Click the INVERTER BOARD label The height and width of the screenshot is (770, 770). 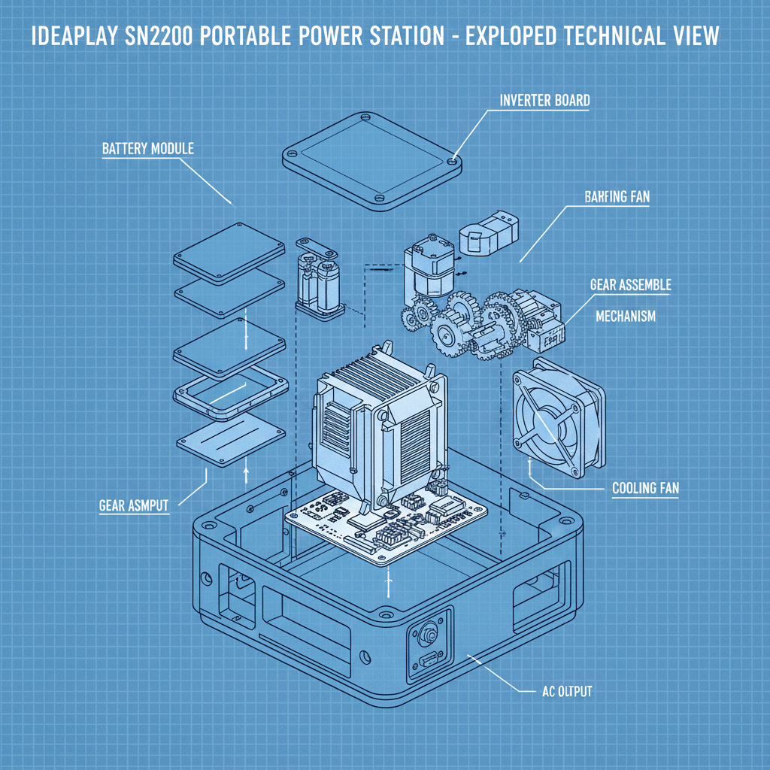(544, 100)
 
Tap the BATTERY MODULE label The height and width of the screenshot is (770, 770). (147, 148)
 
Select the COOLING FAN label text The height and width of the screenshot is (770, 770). (645, 488)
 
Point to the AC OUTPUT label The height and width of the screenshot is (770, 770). (566, 690)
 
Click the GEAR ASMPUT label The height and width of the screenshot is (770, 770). (134, 505)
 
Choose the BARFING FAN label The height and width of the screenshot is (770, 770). (617, 197)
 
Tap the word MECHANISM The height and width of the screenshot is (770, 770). (625, 316)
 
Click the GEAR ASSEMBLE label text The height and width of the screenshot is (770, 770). (630, 286)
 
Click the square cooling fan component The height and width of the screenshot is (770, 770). (557, 419)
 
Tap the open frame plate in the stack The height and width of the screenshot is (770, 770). (231, 394)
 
